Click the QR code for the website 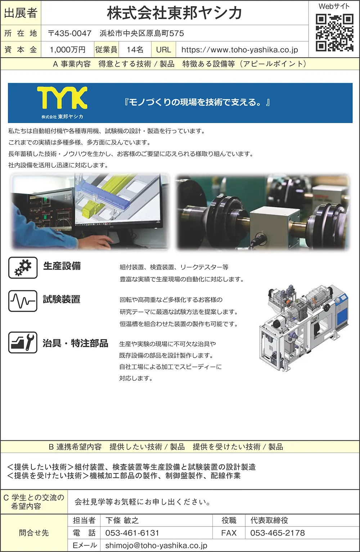pos(334,32)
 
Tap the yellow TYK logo pos(62,98)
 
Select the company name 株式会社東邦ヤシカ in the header pos(174,13)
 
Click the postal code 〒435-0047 pos(70,33)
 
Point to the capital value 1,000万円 pos(68,50)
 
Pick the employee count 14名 pos(135,50)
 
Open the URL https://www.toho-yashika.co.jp pos(240,50)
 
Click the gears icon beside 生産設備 pos(23,268)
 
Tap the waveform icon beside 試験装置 pos(23,301)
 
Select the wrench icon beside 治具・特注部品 pos(23,342)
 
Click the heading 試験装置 pos(62,299)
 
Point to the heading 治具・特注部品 pos(76,343)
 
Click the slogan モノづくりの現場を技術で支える pos(197,102)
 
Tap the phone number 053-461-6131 pos(132,533)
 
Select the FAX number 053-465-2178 pos(278,533)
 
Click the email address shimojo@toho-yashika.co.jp pos(156,546)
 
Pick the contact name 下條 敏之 pos(122,520)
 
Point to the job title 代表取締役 pos(269,520)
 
